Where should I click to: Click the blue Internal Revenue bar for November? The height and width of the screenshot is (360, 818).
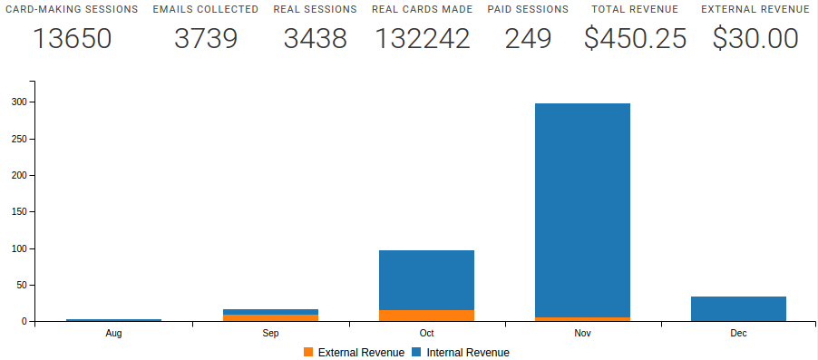582,209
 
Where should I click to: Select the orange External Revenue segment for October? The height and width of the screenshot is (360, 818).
426,316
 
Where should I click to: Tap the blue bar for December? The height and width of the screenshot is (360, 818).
738,309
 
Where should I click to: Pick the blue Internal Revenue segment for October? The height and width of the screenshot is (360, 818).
426,279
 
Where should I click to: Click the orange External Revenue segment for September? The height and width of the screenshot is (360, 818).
270,317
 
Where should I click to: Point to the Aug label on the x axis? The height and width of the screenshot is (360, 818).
113,334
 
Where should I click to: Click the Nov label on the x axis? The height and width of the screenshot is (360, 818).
582,334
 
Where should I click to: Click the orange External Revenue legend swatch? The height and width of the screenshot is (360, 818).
308,352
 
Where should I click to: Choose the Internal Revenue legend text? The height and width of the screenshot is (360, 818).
468,352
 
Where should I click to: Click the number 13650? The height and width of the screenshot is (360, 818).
72,39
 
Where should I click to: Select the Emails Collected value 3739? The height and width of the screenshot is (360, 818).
205,39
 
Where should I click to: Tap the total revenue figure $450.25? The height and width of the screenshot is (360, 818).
635,39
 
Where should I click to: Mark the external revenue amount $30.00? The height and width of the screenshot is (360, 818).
755,39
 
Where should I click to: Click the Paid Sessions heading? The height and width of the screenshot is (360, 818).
528,9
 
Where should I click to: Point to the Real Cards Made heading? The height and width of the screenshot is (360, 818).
422,9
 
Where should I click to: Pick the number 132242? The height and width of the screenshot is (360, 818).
422,39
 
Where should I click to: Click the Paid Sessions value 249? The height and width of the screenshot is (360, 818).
528,39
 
